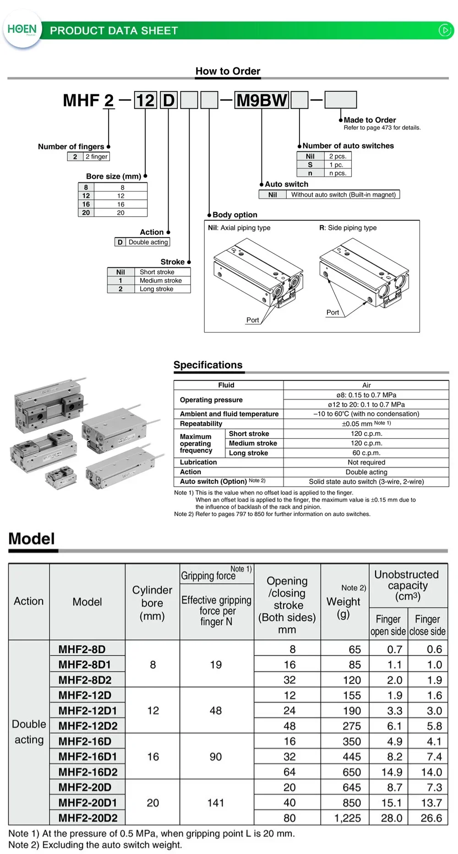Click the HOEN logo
(22, 29)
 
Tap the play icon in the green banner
(445, 30)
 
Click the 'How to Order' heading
(228, 71)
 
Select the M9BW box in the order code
(262, 100)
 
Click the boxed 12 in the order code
(145, 100)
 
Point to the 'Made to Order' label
(370, 120)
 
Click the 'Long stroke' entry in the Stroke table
(156, 289)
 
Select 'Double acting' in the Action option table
(148, 242)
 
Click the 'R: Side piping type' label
(348, 228)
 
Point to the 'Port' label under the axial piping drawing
(252, 320)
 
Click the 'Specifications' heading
(208, 365)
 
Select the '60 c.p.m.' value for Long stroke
(366, 453)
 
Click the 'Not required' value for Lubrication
(366, 462)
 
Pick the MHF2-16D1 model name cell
(87, 756)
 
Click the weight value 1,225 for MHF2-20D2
(348, 818)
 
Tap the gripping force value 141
(216, 803)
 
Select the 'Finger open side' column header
(388, 625)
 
